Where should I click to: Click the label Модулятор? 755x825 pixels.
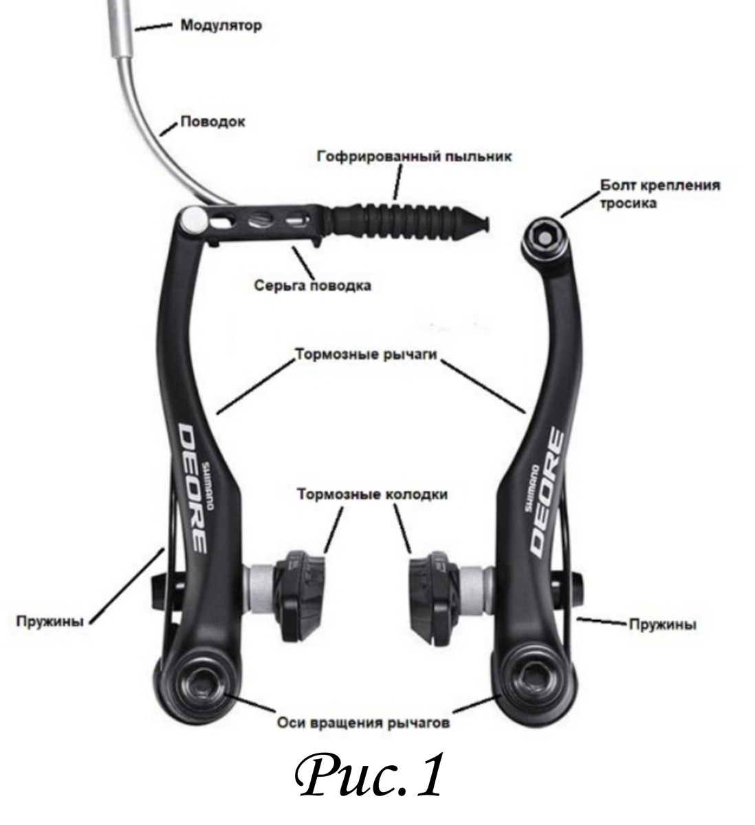click(221, 25)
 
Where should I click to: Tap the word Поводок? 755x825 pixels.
click(212, 122)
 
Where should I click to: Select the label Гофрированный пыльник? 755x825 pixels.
click(415, 157)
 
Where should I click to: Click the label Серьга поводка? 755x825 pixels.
click(313, 285)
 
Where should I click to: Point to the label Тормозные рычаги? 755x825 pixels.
click(366, 354)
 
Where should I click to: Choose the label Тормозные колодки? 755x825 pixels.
click(373, 494)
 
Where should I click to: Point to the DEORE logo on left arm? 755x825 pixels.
click(192, 489)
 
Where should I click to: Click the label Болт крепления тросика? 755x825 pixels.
click(660, 194)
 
